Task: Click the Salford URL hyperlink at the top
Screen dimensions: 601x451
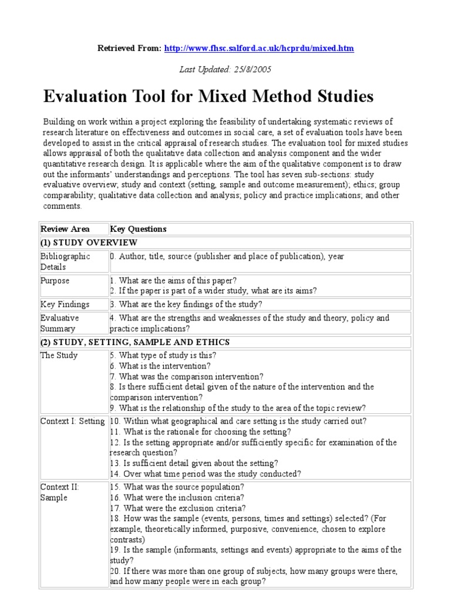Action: coord(259,48)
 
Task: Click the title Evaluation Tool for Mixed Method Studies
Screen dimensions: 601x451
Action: coord(208,96)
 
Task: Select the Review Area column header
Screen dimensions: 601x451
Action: coord(65,229)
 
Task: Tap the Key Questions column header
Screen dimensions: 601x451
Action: coord(139,229)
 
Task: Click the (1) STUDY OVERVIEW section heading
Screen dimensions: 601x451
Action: coord(89,242)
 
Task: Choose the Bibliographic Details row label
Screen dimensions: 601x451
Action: coord(65,261)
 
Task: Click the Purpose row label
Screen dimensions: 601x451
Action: coord(55,281)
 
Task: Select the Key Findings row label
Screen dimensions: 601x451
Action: coord(65,304)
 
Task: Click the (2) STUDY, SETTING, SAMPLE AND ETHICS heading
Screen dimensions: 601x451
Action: coord(134,342)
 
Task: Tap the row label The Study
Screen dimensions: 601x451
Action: coord(59,355)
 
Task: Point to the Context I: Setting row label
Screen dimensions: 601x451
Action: coord(72,421)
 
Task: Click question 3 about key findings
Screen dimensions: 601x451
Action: coord(186,304)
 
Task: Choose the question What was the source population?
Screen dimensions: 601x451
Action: coord(177,487)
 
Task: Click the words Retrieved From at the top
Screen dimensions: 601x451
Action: coord(128,48)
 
